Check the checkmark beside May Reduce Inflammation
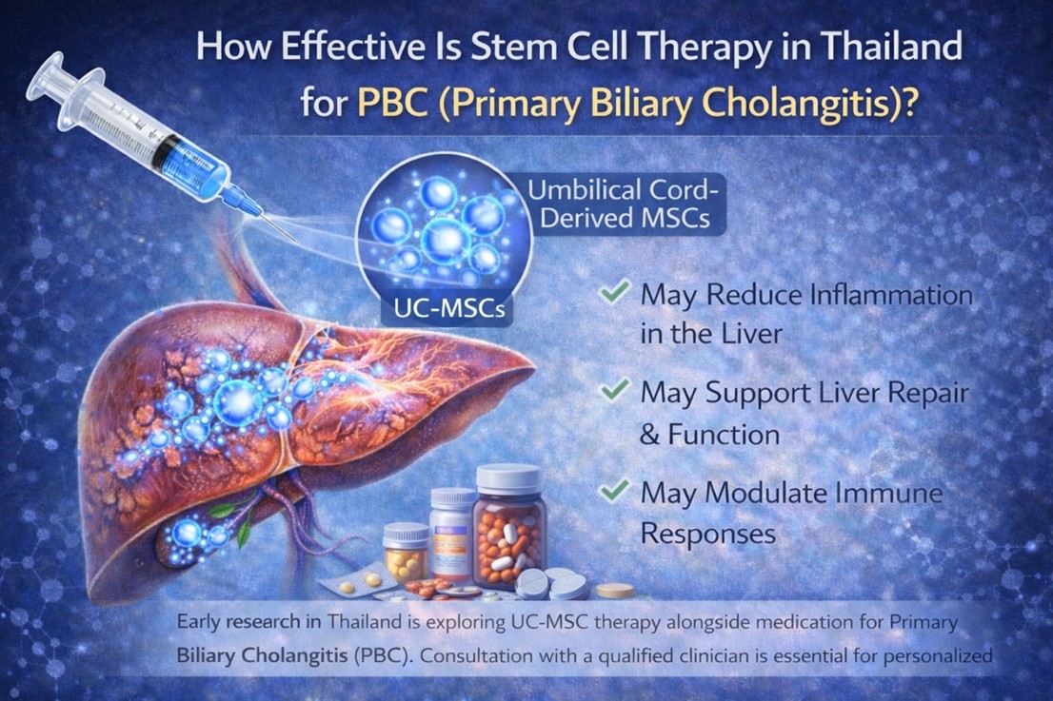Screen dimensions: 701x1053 click(x=614, y=291)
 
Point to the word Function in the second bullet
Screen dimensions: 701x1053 click(x=723, y=435)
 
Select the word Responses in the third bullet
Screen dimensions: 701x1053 click(x=708, y=534)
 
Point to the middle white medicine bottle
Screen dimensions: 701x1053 click(x=452, y=533)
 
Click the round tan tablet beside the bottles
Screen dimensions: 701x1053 click(x=616, y=590)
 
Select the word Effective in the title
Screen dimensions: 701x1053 click(x=332, y=47)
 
